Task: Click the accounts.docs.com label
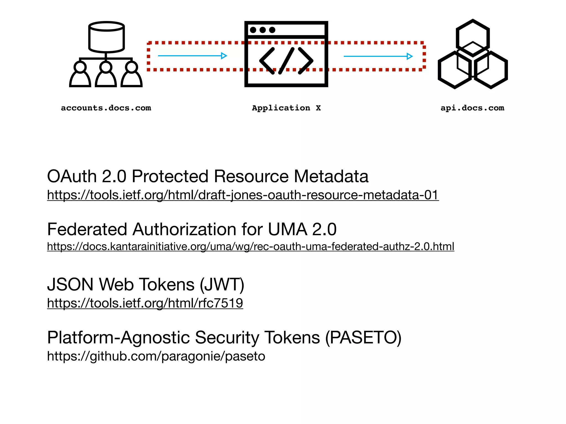106,108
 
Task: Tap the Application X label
286,108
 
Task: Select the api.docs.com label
472,108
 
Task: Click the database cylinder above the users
106,37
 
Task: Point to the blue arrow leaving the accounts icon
192,56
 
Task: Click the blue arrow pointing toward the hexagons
378,56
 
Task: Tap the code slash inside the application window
286,61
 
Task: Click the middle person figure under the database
106,75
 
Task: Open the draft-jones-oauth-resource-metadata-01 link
243,195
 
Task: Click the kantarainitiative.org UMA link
250,247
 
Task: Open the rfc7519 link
145,303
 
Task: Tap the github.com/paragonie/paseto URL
156,356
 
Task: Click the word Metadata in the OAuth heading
331,176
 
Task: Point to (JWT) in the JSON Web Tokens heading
222,285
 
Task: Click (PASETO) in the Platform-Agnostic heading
363,338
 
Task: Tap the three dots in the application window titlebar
263,30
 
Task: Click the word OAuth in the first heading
72,176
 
